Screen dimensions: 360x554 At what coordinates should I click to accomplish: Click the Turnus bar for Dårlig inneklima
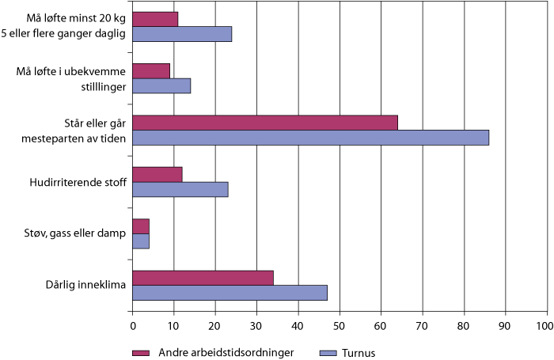(x=230, y=293)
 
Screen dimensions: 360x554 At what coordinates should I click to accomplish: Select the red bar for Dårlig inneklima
(x=203, y=278)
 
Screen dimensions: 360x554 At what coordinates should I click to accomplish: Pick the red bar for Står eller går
(x=264, y=123)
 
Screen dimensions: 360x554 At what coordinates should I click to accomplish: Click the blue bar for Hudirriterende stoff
(x=180, y=189)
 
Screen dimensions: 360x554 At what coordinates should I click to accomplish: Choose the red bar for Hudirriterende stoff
(x=157, y=174)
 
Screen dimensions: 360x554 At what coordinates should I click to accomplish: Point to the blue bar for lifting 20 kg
(x=181, y=34)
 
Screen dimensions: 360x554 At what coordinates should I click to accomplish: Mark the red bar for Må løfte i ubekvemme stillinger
(x=150, y=71)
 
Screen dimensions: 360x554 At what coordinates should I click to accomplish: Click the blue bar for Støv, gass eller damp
(x=140, y=241)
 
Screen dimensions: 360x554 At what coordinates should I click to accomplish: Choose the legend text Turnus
(x=359, y=352)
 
